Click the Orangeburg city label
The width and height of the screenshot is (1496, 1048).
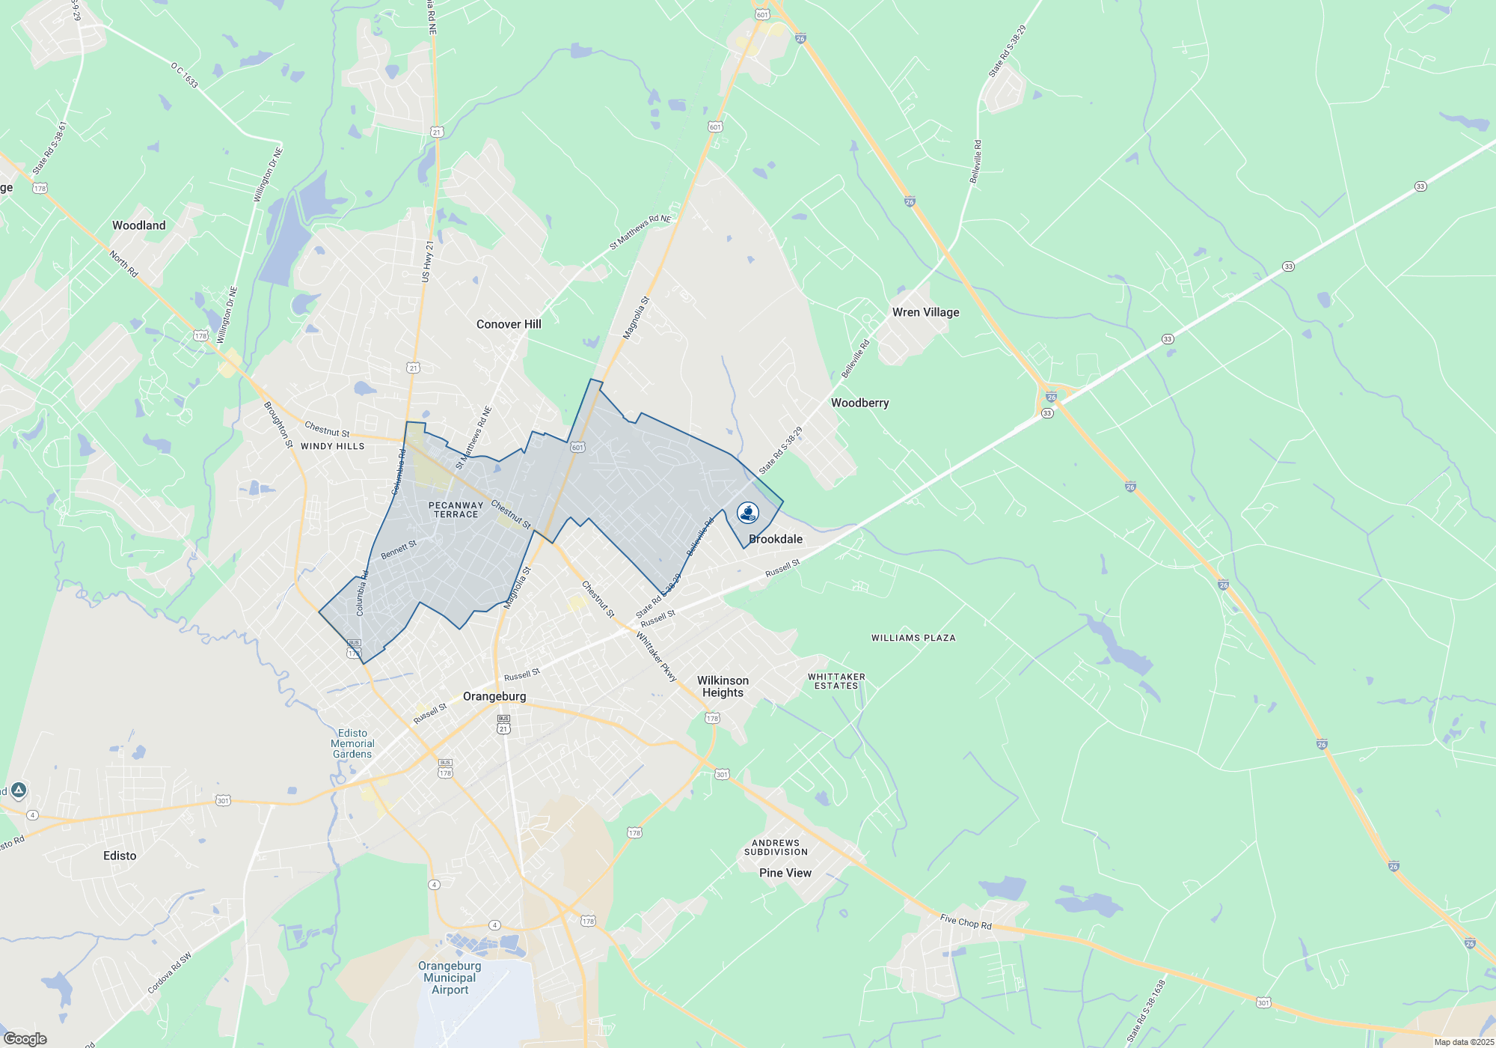coord(494,696)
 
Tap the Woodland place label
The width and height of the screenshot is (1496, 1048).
coord(139,225)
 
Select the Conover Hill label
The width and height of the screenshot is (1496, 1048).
coord(509,324)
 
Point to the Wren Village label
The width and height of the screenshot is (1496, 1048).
coord(925,312)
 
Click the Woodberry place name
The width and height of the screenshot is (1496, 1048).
coord(859,403)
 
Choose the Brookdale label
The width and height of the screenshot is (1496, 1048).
coord(776,539)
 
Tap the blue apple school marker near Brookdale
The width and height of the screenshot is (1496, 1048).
coord(748,513)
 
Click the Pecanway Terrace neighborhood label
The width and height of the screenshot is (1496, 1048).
coord(456,510)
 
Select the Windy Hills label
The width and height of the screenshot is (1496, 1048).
coord(332,446)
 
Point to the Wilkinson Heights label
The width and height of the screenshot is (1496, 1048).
coord(723,686)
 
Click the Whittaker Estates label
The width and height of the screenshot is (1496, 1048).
coord(836,681)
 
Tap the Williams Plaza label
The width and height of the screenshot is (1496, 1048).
coord(913,638)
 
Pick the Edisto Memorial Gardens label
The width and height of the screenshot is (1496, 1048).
coord(352,743)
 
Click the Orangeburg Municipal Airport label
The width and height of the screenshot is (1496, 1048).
coord(450,978)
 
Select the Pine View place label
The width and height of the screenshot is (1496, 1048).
coord(785,873)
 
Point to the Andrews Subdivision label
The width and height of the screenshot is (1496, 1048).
coord(776,847)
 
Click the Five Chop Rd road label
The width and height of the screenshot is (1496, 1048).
coord(966,921)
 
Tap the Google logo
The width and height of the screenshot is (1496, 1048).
coord(25,1039)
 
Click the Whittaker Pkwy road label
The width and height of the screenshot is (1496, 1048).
coord(656,656)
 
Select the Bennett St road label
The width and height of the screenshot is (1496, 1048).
coord(399,550)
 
